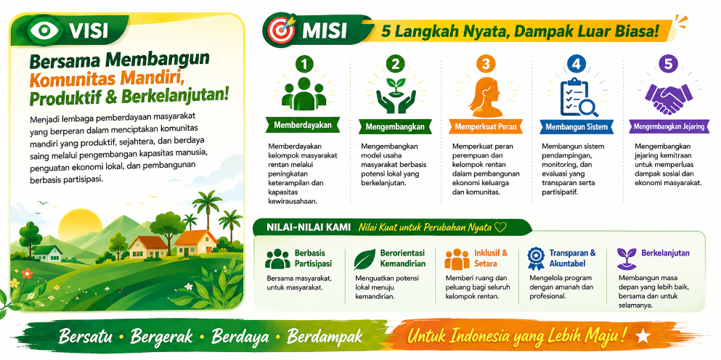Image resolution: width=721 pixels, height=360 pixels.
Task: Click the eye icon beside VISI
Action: tap(45, 30)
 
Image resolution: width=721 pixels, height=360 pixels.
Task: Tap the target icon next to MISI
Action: tap(280, 30)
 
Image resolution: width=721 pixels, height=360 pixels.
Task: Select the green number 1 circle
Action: tap(304, 65)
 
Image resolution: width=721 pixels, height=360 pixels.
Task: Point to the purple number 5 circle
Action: tap(668, 65)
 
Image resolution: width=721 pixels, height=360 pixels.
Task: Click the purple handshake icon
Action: tap(668, 99)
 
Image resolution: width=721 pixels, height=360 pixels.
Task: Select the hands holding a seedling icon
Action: tap(395, 96)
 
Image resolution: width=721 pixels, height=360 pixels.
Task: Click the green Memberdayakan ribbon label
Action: tap(303, 126)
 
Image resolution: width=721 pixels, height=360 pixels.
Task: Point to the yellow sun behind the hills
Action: tap(75, 223)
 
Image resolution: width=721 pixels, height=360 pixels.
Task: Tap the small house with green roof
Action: tap(47, 253)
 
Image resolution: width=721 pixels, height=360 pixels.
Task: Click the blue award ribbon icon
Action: tap(536, 258)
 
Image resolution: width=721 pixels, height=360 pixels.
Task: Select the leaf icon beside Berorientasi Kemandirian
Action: tap(364, 259)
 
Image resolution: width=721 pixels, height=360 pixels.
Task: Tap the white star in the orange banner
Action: tap(643, 337)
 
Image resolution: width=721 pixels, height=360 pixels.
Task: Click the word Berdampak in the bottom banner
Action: tap(325, 337)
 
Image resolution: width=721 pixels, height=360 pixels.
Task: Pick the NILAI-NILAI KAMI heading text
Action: tap(309, 227)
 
